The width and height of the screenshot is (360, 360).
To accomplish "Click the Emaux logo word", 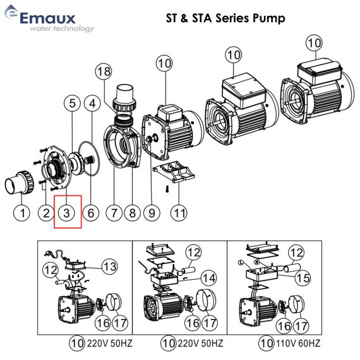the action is [47, 18].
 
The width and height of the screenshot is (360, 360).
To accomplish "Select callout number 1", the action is [22, 213].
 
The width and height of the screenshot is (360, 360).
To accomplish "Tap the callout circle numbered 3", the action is [66, 213].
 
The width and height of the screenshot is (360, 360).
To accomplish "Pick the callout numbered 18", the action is [104, 71].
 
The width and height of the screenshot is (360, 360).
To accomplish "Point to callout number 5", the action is [72, 104].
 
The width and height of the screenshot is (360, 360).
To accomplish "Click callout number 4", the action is [92, 104].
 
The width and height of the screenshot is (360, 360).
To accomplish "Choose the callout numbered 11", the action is [179, 213].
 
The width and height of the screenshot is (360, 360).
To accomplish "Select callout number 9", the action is [152, 213].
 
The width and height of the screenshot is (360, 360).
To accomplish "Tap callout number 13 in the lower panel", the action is [110, 267].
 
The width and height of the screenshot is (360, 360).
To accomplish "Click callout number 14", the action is [209, 278].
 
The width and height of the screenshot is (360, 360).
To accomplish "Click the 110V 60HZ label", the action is [298, 344].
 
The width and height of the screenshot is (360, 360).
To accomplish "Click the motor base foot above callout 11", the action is [174, 171].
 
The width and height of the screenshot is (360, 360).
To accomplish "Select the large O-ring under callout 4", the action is [89, 159].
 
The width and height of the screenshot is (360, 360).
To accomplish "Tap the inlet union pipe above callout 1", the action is [20, 183].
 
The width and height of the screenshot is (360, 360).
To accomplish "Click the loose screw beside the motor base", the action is [167, 189].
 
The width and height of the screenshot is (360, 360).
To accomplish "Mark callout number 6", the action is [91, 213].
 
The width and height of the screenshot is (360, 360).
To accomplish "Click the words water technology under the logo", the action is [62, 28].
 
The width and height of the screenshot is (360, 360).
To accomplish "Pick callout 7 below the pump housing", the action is [114, 213].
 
